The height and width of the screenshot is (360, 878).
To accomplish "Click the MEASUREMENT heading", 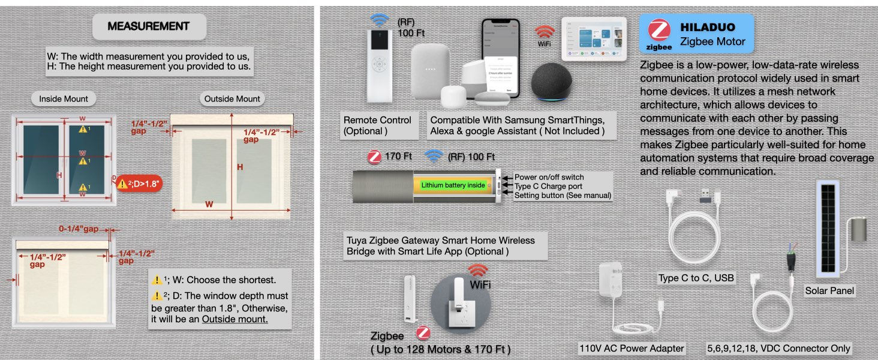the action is [149, 26].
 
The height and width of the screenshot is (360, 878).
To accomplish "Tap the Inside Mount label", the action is [64, 98].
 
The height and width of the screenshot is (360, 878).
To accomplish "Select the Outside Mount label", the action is [232, 98].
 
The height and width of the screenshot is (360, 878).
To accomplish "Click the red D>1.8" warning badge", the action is [140, 183].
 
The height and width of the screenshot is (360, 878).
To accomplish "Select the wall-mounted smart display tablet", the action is [593, 38].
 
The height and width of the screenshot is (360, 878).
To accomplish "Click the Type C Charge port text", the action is [548, 186].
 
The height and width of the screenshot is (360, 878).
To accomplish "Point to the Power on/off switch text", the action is [549, 177].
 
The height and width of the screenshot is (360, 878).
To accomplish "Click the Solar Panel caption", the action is [829, 291].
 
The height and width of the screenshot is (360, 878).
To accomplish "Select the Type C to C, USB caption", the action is [696, 278].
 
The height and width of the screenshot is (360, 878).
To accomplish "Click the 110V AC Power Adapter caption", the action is [632, 348].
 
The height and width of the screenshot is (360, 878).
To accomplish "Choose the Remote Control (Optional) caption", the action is [377, 125].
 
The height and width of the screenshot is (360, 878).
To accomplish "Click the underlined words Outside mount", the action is [234, 319].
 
